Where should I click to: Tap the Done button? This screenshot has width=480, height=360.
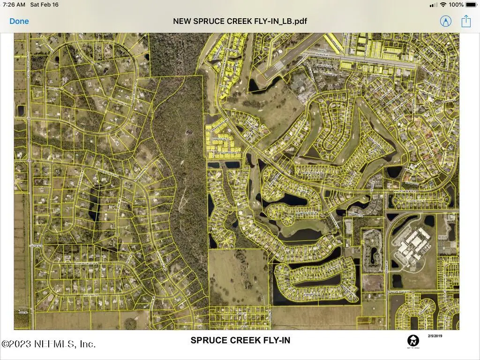pos(19,21)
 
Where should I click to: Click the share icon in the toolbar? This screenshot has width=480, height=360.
pos(465,21)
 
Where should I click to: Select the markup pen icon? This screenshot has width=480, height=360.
pos(445,21)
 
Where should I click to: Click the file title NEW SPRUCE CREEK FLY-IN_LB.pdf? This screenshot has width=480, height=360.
pos(240,21)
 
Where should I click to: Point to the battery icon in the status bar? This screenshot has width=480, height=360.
pos(471,5)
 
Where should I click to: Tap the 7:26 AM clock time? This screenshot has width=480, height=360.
pos(14,5)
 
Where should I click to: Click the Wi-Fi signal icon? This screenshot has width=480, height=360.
pos(443,5)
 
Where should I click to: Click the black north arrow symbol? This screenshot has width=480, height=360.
pos(413,341)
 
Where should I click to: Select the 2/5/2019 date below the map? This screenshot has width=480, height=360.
pos(435,336)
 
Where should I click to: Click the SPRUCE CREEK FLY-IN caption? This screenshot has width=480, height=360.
pos(240,340)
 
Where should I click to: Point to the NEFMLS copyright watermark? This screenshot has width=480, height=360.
pos(49,344)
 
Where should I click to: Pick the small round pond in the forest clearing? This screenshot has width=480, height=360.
pos(189,132)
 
